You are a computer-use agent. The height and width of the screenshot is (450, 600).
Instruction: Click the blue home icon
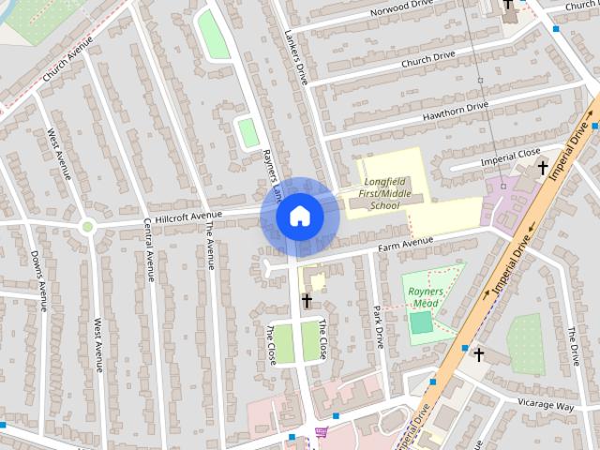(299, 217)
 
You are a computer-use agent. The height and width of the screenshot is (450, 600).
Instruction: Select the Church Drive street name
(427, 57)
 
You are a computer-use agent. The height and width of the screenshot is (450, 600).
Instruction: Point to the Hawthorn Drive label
(456, 111)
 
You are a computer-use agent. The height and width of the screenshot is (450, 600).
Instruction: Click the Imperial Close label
(511, 156)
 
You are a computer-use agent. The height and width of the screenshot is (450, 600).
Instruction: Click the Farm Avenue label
(406, 245)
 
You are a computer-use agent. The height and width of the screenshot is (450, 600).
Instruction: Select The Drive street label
(574, 347)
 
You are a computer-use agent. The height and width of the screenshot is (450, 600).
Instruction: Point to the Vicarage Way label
(546, 406)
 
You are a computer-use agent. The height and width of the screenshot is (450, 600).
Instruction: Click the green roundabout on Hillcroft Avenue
(87, 226)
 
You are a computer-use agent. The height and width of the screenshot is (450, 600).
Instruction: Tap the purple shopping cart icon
(322, 433)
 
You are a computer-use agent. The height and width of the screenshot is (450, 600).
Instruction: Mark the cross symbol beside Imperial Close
(542, 168)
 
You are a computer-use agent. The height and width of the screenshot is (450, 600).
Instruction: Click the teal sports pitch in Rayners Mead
(422, 322)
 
